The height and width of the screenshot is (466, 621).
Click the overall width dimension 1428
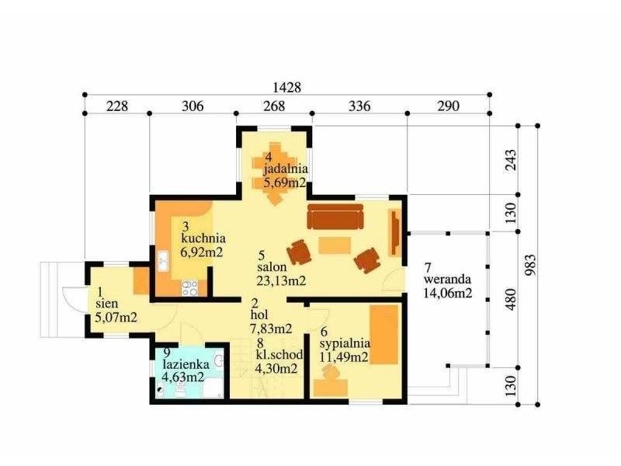point(286,87)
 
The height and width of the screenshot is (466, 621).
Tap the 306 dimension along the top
point(193,106)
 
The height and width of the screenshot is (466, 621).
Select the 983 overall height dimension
point(530,265)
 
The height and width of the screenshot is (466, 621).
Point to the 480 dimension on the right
point(511,299)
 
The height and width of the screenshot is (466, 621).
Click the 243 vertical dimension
point(511,160)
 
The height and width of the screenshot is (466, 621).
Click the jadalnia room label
point(286,169)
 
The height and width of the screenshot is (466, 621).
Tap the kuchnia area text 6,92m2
point(202,252)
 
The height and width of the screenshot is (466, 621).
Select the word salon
point(272,266)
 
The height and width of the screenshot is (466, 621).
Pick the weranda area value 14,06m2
point(448,294)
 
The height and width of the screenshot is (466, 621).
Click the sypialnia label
point(345,343)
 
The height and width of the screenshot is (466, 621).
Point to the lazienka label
point(186,363)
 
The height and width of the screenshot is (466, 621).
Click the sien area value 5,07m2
point(116,317)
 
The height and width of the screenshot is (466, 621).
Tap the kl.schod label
point(279,355)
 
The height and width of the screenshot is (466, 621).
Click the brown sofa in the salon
point(335,217)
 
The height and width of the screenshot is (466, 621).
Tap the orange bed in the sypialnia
point(384,335)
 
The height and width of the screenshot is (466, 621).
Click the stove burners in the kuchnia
point(189,288)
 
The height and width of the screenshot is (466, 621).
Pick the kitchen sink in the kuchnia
point(163,261)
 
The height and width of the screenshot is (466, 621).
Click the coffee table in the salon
point(335,245)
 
